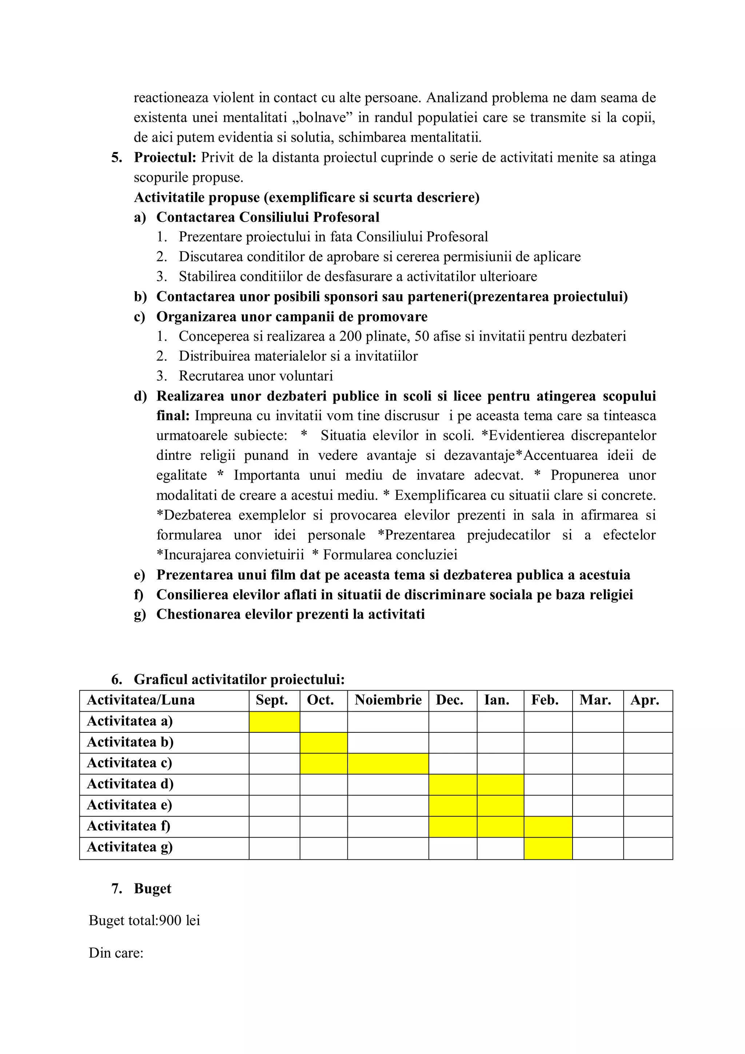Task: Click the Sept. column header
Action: point(272,700)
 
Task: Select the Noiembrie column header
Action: point(388,700)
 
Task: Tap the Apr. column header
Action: point(645,700)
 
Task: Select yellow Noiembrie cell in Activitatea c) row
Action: point(388,763)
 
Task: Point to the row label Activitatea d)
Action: point(130,784)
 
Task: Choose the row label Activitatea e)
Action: point(130,805)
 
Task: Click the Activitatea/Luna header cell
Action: point(141,700)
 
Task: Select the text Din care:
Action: point(116,952)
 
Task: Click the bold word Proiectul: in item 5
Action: point(165,158)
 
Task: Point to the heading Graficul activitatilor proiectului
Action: point(239,679)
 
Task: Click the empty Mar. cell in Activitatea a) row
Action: point(598,721)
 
